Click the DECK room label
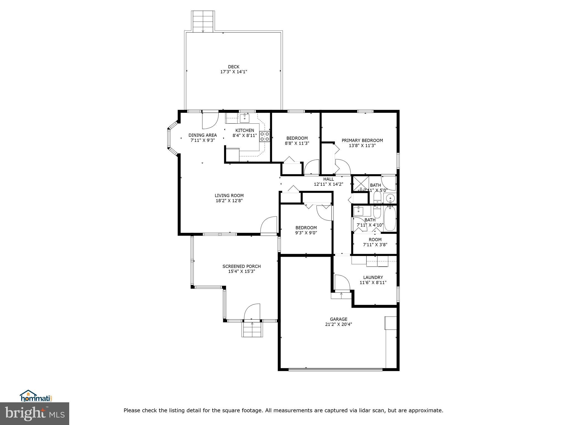tap(233, 67)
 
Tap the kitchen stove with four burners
tap(264, 137)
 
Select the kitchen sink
tap(244, 118)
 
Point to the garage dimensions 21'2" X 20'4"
tap(338, 324)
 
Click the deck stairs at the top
tap(203, 21)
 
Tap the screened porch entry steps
tap(252, 330)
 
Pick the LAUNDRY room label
tap(373, 277)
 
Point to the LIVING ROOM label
tap(229, 196)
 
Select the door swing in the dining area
tap(209, 121)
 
